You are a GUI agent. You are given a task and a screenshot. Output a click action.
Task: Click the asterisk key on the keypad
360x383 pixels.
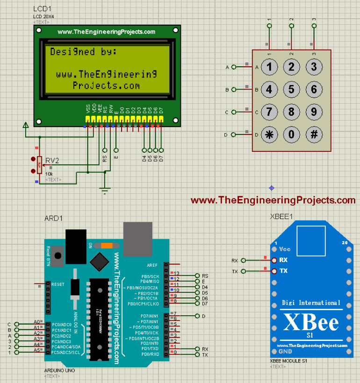(x=269, y=135)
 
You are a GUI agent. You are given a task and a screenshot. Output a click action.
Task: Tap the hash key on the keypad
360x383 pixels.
(x=314, y=135)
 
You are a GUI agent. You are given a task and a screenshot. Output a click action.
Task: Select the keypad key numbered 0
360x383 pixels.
(x=291, y=135)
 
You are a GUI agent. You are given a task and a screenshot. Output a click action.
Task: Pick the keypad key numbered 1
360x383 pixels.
(x=269, y=67)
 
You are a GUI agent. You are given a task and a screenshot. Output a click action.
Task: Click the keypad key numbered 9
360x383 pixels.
(x=314, y=112)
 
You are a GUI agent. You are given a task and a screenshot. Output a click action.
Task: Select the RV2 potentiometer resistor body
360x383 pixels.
(x=39, y=164)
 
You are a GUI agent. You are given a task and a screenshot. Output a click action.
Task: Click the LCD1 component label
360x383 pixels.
(x=42, y=10)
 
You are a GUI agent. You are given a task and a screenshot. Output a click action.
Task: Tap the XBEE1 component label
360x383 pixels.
(x=281, y=216)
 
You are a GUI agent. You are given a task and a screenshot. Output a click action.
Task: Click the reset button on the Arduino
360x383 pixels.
(x=58, y=256)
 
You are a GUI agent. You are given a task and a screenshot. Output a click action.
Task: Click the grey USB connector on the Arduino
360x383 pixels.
(x=138, y=237)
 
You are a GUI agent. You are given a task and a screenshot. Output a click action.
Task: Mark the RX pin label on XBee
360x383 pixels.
(x=283, y=260)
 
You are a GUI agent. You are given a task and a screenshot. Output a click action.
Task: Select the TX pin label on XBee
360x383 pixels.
(x=283, y=271)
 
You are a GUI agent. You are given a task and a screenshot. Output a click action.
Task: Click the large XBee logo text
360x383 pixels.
(x=310, y=322)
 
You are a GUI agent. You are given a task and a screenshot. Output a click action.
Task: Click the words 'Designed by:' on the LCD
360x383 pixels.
(x=83, y=51)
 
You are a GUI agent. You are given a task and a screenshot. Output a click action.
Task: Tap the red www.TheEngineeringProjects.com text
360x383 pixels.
(x=273, y=200)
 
